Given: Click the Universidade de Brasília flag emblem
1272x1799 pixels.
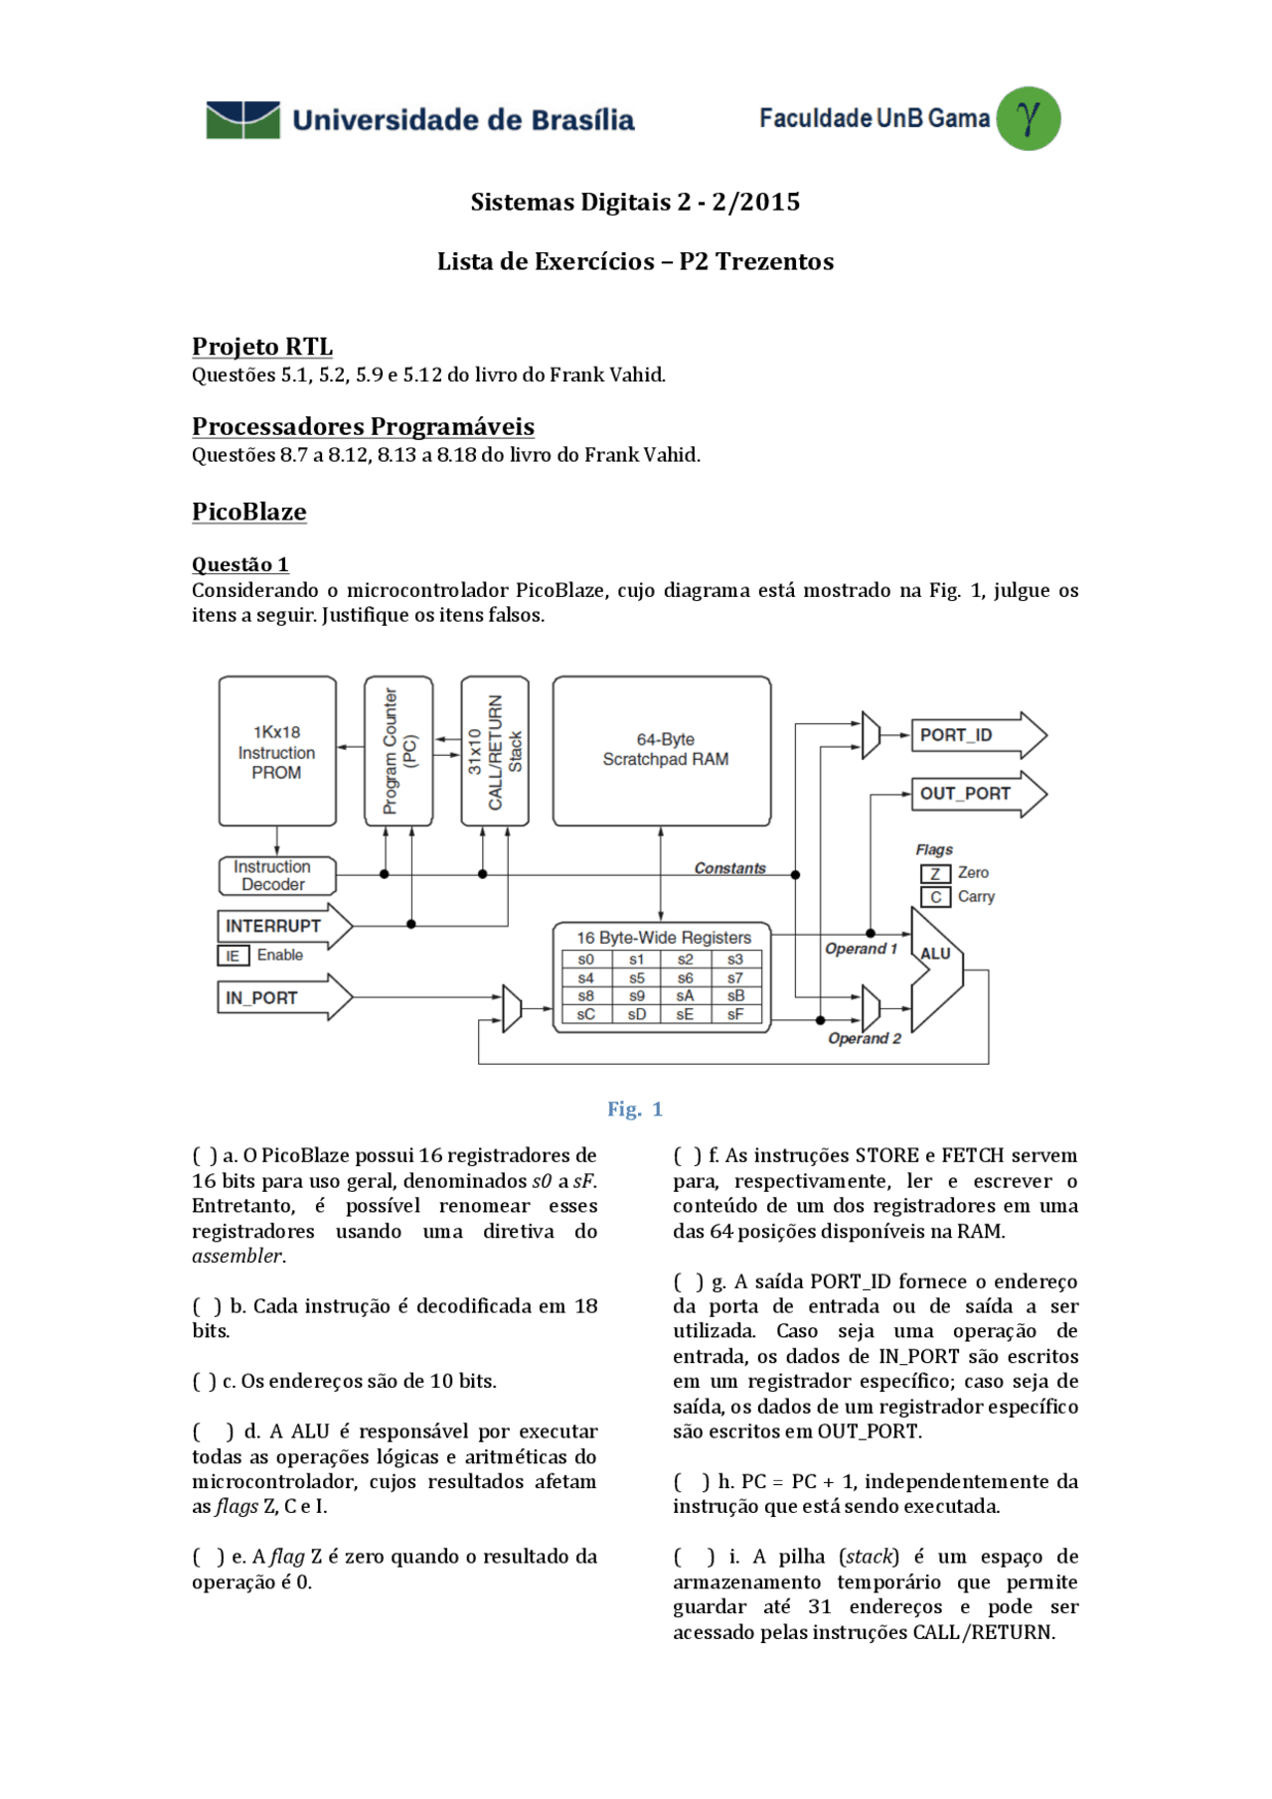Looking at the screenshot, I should click(x=242, y=120).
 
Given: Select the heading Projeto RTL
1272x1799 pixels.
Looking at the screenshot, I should click(x=262, y=347).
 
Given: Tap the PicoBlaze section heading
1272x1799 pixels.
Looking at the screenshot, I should click(x=248, y=512).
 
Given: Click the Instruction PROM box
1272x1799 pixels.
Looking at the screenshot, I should click(x=277, y=751).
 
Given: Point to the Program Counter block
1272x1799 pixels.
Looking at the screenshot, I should click(x=398, y=751).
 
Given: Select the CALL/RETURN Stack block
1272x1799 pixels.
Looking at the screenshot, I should click(x=495, y=751).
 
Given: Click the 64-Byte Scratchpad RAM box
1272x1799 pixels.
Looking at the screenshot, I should click(x=662, y=751).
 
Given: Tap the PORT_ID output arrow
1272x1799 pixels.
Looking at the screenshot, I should click(x=978, y=735).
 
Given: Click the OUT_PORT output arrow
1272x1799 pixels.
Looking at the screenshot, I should click(x=978, y=794).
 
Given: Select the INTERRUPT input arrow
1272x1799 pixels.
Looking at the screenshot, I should click(x=284, y=926).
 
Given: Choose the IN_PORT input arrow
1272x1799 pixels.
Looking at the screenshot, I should click(x=284, y=997).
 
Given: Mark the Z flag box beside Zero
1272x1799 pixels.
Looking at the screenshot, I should click(x=935, y=873).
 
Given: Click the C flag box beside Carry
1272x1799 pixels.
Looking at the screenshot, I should click(x=935, y=897).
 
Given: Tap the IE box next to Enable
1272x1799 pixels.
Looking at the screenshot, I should click(x=233, y=956).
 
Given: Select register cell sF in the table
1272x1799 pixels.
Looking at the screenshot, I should click(x=735, y=1014).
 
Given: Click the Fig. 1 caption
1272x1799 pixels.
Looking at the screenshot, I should click(x=635, y=1110).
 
